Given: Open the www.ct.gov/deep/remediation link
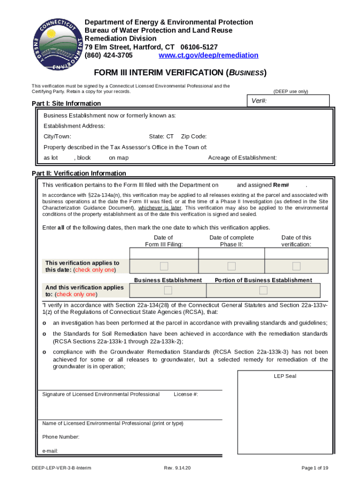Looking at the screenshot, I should tap(208, 55).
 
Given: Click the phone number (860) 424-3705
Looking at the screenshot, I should tap(108, 55).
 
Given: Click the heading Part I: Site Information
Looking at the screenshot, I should tap(66, 103).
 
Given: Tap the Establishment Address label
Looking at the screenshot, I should tap(74, 126).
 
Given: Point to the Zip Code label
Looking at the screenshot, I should tap(194, 137).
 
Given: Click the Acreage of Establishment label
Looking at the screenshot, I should tap(242, 158).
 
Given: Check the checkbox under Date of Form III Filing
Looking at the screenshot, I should tap(164, 266).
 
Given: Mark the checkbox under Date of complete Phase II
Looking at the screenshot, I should tap(231, 266).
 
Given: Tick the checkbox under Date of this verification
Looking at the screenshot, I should tap(296, 266).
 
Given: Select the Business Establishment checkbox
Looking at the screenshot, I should tap(168, 290).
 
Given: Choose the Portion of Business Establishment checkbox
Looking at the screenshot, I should tap(263, 290).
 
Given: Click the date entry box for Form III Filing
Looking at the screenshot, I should tap(164, 253).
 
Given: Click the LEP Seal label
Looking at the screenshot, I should tap(285, 376).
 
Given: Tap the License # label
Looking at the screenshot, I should tap(186, 394).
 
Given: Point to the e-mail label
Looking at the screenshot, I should tap(50, 451).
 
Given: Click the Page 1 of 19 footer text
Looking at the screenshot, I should tap(315, 468).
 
